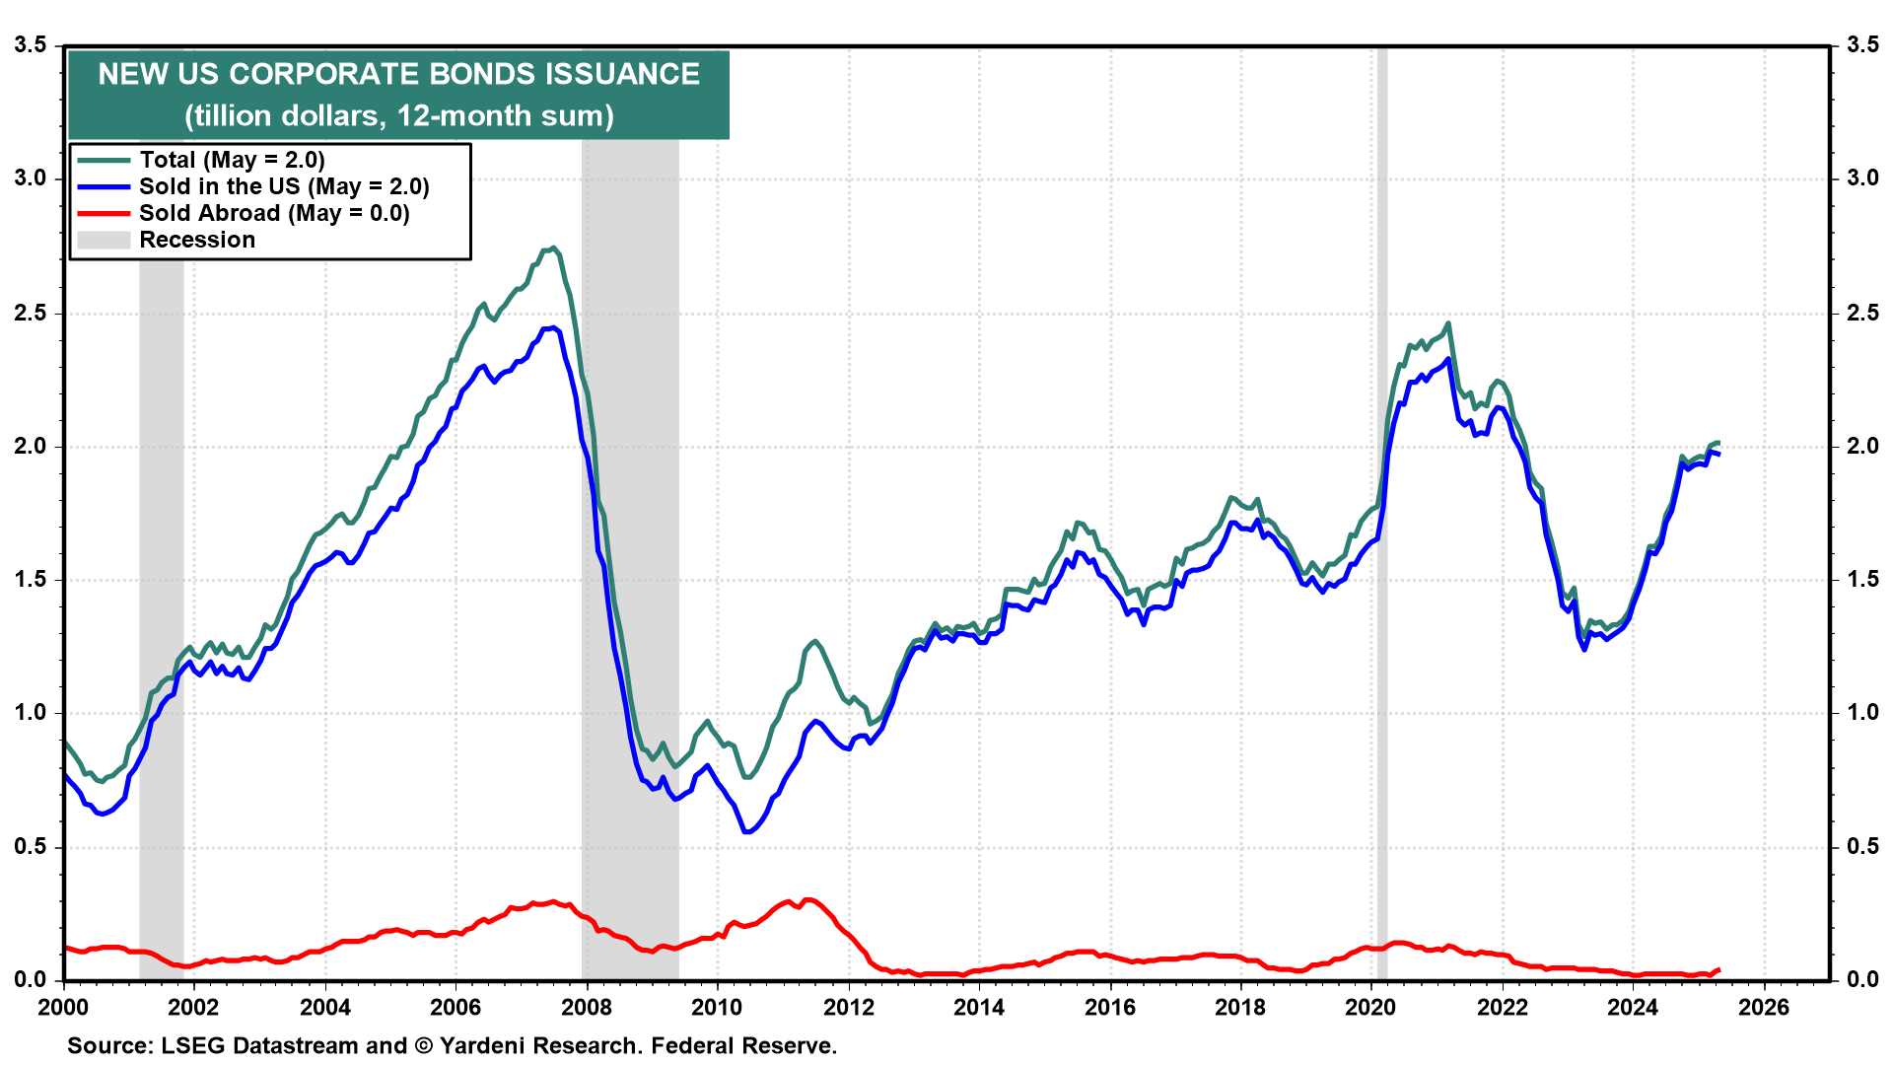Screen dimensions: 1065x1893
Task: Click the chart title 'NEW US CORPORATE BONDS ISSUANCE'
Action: (398, 74)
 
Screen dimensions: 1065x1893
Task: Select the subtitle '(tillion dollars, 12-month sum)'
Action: (398, 115)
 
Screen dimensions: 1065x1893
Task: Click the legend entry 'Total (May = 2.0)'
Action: (232, 160)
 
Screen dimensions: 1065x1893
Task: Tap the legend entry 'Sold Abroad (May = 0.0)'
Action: (274, 213)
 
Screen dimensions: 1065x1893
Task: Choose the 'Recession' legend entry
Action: (197, 240)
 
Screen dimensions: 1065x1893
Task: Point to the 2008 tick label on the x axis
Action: (586, 1007)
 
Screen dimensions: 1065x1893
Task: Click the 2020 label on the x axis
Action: (1370, 1007)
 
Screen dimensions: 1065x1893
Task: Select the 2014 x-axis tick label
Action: (978, 1007)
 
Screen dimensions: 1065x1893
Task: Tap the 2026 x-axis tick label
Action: (1763, 1007)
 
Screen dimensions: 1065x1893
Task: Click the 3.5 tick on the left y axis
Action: (30, 44)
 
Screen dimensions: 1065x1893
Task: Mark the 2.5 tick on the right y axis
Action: (1862, 313)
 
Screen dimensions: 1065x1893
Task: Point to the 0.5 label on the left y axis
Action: (30, 847)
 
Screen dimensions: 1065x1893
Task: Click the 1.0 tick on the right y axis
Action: (1862, 713)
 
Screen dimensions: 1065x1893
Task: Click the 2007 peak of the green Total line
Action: (552, 248)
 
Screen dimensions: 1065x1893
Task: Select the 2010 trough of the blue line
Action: (746, 832)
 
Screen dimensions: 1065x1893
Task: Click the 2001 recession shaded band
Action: (161, 493)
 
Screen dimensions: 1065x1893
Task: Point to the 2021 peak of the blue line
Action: (1447, 359)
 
